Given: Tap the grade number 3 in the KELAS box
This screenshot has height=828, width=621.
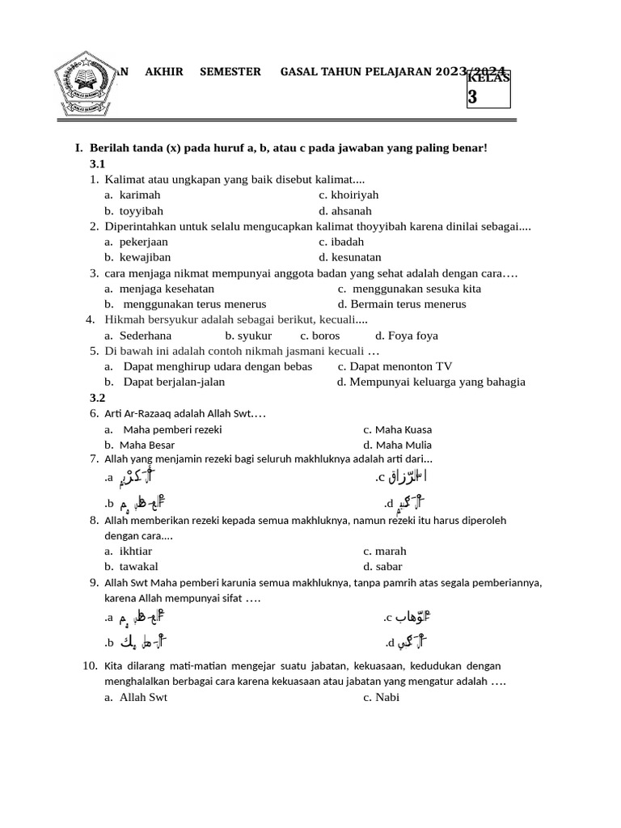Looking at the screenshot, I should (x=473, y=97).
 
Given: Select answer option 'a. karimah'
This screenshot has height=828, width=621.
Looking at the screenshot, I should (x=133, y=195).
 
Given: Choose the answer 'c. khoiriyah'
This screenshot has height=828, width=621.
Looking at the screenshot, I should (x=349, y=195).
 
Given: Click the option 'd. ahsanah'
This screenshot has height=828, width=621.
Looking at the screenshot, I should (x=345, y=211).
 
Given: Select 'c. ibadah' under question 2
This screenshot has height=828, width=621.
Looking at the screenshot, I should (x=341, y=242).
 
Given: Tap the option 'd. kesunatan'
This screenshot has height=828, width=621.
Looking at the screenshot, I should (x=349, y=257).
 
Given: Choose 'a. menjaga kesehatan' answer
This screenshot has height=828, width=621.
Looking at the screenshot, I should (x=158, y=289).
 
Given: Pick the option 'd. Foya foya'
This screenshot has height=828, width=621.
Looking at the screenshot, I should (x=407, y=336).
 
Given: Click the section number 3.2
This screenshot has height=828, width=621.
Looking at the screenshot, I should (x=98, y=398).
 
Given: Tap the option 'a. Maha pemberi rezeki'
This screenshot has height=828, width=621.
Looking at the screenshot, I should (x=163, y=430).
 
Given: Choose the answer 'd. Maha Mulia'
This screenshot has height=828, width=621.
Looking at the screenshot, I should (x=398, y=445).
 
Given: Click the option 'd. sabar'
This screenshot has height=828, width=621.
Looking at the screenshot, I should (x=382, y=567).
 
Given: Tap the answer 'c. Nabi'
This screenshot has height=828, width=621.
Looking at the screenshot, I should (x=382, y=697).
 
